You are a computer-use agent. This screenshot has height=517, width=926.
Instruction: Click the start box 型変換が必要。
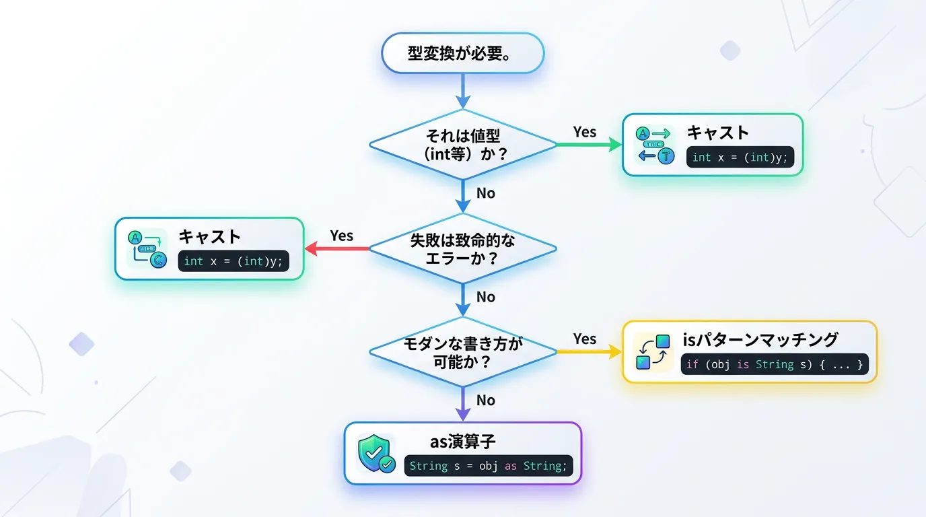pyautogui.click(x=462, y=53)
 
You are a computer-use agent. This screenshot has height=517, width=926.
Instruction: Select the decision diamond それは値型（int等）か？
pyautogui.click(x=462, y=145)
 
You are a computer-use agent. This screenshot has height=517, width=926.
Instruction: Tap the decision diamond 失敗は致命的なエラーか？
pyautogui.click(x=462, y=248)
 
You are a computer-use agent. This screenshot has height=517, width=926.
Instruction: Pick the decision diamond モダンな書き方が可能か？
pyautogui.click(x=462, y=352)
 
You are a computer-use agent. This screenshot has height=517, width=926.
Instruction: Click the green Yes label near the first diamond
pyautogui.click(x=584, y=132)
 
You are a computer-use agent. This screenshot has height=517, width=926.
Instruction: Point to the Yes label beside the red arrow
pyautogui.click(x=341, y=236)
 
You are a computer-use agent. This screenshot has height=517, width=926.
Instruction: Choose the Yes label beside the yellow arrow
pyautogui.click(x=584, y=339)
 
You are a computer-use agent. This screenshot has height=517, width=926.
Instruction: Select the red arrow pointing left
pyautogui.click(x=336, y=248)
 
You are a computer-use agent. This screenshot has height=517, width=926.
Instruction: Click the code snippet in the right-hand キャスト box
pyautogui.click(x=740, y=158)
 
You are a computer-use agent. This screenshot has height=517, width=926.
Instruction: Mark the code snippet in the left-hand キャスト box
pyautogui.click(x=233, y=261)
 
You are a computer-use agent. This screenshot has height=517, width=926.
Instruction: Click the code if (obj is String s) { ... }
pyautogui.click(x=774, y=365)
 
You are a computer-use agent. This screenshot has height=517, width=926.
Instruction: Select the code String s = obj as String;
pyautogui.click(x=488, y=466)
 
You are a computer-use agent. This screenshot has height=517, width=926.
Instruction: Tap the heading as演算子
pyautogui.click(x=462, y=442)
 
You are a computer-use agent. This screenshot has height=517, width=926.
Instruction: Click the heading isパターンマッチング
pyautogui.click(x=760, y=340)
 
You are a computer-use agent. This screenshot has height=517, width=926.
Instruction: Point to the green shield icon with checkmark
pyautogui.click(x=376, y=453)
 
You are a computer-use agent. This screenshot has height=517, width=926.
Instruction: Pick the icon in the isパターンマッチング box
pyautogui.click(x=653, y=352)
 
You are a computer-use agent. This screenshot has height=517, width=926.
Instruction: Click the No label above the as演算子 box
pyautogui.click(x=485, y=401)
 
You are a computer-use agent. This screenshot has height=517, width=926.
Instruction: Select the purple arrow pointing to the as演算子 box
pyautogui.click(x=462, y=405)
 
